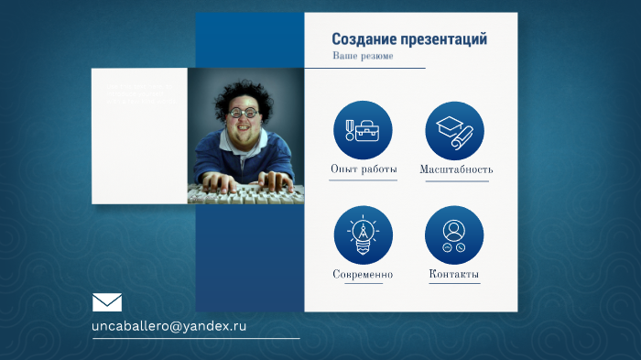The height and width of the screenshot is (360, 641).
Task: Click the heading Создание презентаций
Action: [x=408, y=39]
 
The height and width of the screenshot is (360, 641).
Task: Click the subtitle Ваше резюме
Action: [x=363, y=57]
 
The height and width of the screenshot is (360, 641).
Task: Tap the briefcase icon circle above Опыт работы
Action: [x=363, y=130]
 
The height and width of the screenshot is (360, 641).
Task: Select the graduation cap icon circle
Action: [x=454, y=130]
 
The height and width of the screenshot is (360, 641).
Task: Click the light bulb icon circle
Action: [x=363, y=235]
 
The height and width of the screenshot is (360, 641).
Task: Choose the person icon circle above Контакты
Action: [x=454, y=235]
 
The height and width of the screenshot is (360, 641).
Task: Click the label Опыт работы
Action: [x=364, y=169]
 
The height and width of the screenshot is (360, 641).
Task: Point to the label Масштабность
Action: [x=456, y=169]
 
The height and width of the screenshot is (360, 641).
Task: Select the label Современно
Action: [x=363, y=275]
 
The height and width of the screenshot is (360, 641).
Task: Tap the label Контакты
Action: [x=454, y=275]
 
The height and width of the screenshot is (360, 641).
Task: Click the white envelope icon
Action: [x=107, y=302]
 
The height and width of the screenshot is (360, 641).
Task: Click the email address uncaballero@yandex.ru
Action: [x=169, y=326]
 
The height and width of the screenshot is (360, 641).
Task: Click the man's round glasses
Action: [x=242, y=114]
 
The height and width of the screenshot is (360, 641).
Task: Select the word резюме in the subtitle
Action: [x=377, y=57]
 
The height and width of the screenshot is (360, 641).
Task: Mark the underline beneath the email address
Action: [x=196, y=338]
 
